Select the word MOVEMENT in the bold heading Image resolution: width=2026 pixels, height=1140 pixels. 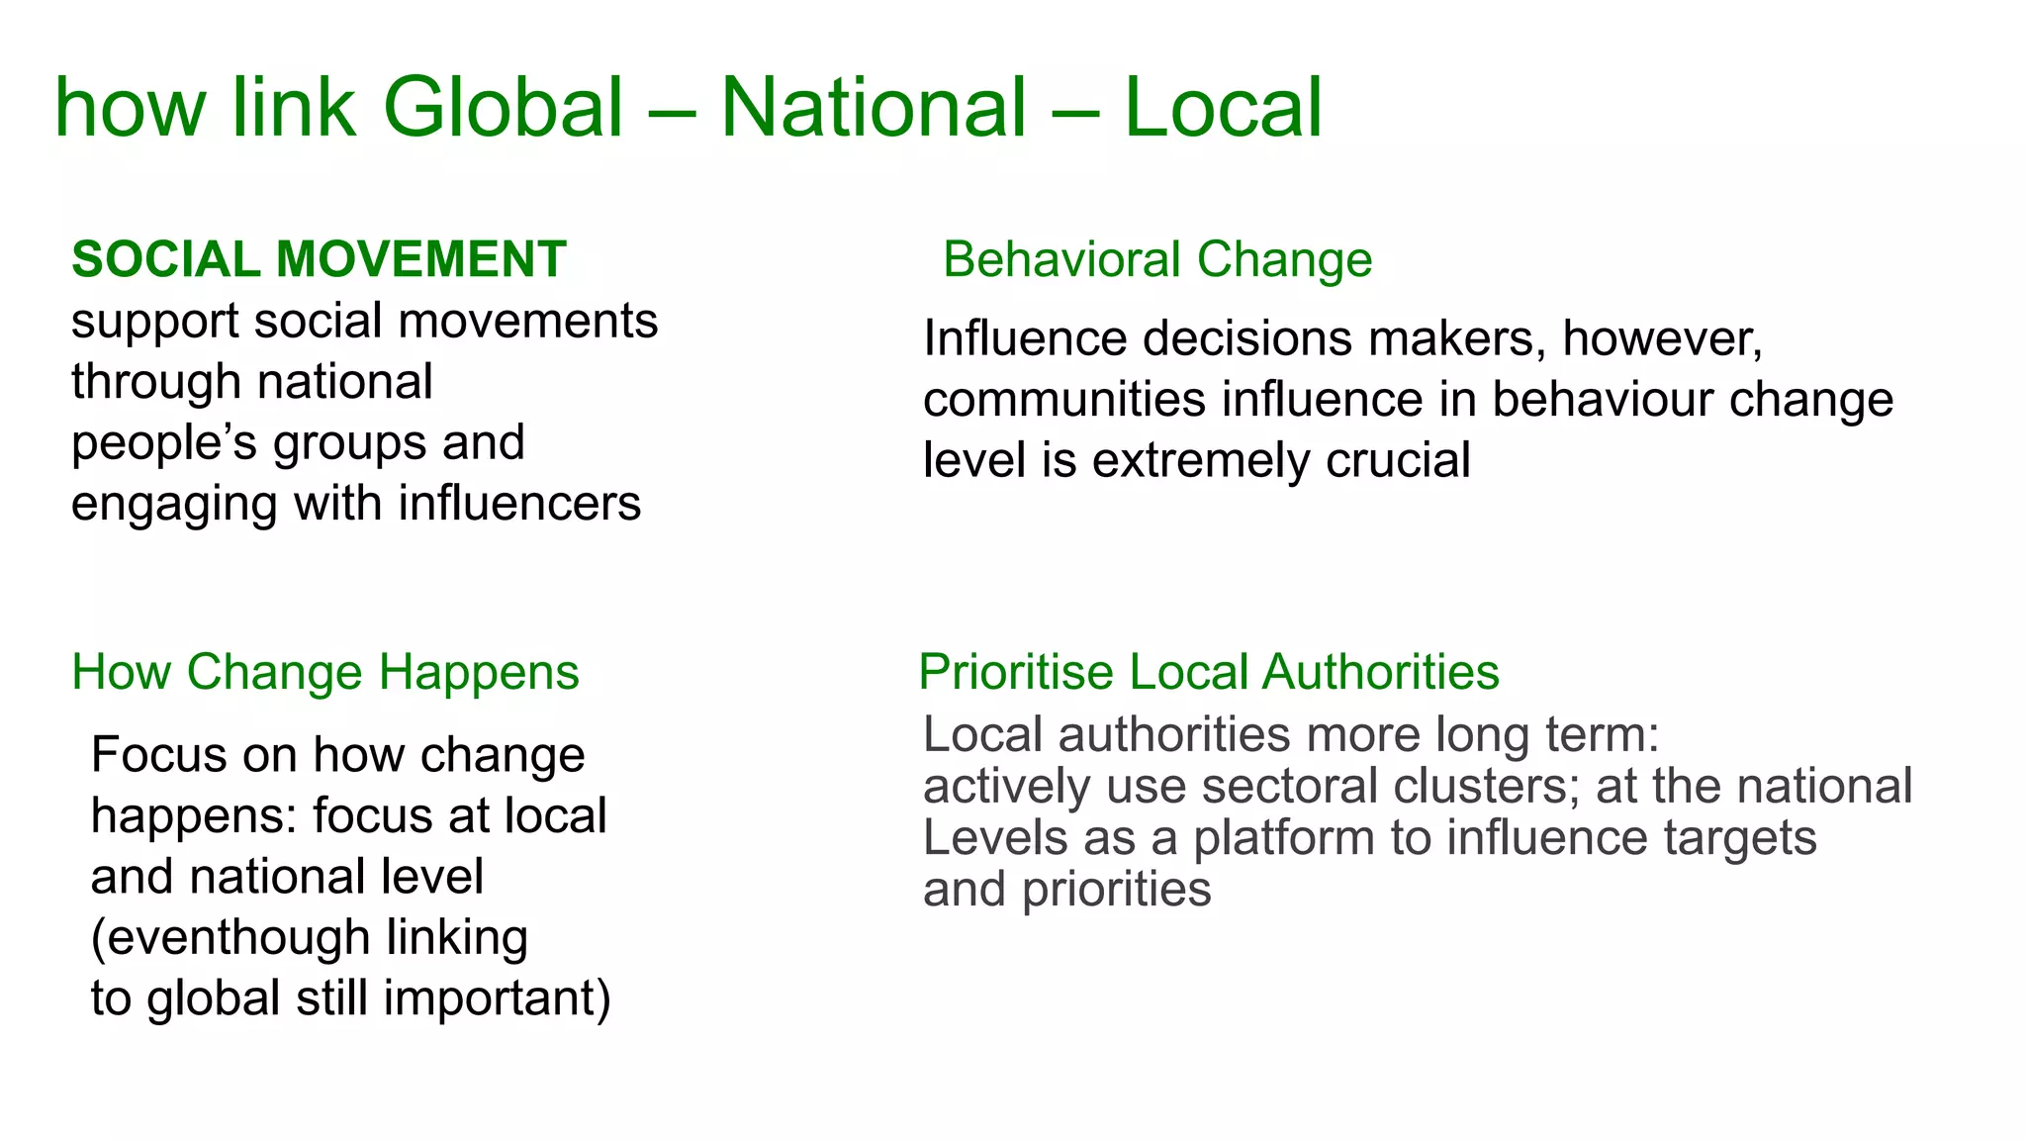tap(420, 259)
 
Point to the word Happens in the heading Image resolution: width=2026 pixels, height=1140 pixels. tap(479, 672)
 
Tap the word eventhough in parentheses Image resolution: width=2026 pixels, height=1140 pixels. tap(237, 937)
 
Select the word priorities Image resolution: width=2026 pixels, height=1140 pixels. tap(1116, 890)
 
